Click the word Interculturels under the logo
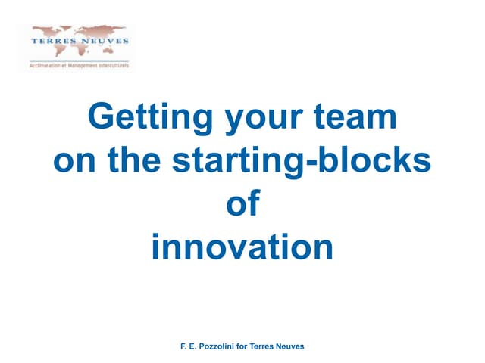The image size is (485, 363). coord(112,66)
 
